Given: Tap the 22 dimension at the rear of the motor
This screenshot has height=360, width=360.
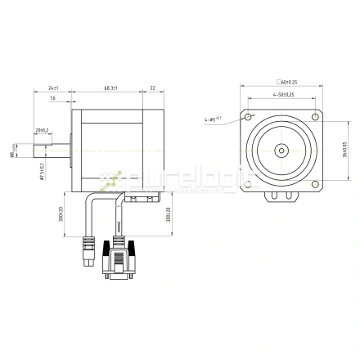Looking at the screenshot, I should point(152,88).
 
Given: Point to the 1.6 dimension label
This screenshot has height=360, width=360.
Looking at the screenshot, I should point(52,99).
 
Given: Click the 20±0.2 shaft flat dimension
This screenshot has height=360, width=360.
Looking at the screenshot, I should point(42,130).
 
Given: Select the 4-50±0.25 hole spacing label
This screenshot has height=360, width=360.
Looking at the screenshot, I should point(283,95).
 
